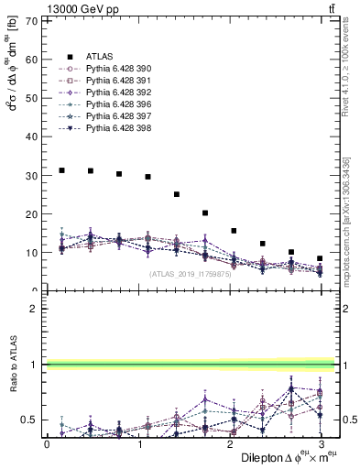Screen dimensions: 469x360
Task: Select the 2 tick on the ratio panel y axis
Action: pyautogui.click(x=35, y=309)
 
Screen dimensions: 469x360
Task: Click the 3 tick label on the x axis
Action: pyautogui.click(x=318, y=443)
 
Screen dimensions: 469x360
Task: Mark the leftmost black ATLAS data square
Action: pyautogui.click(x=61, y=170)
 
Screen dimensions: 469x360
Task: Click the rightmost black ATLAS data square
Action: pyautogui.click(x=320, y=258)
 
